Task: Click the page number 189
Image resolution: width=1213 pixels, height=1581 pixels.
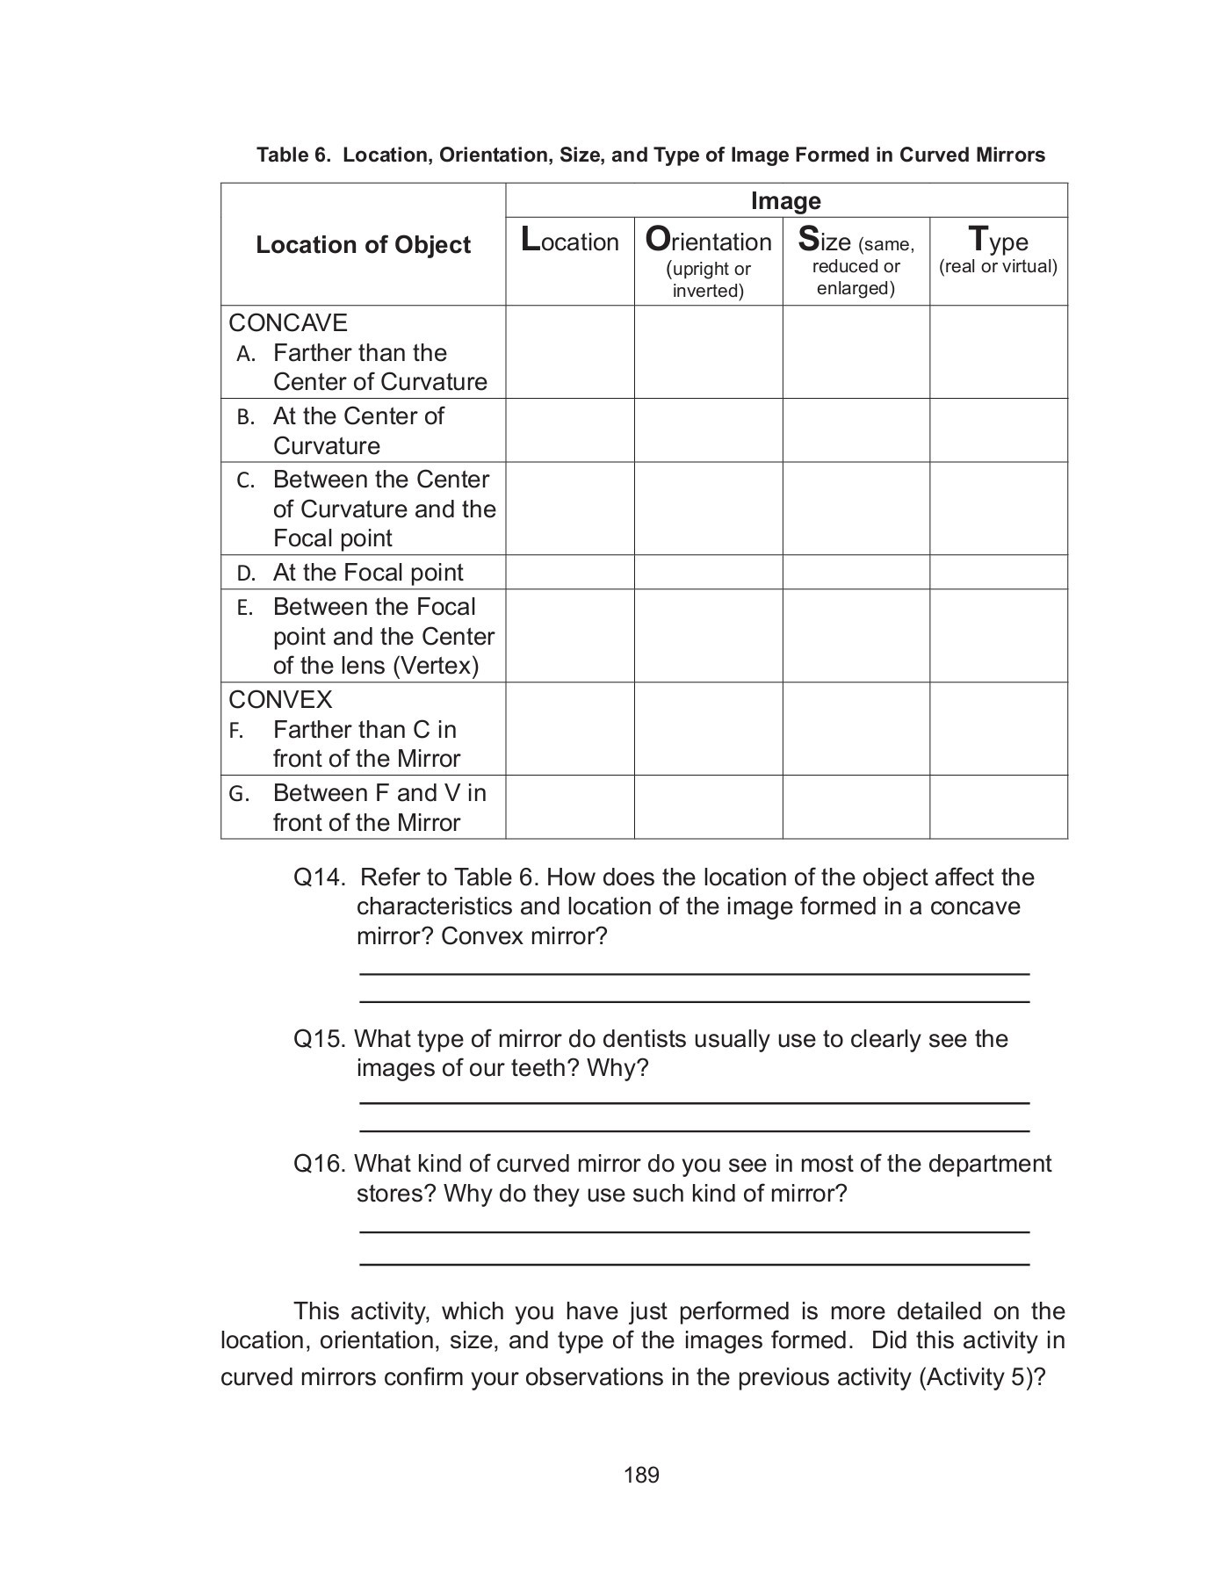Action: click(641, 1475)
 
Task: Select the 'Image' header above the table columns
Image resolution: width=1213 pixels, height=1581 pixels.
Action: click(785, 201)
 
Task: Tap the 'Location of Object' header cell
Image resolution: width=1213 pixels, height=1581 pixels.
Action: click(363, 245)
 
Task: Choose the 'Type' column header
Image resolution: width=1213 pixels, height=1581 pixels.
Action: click(998, 240)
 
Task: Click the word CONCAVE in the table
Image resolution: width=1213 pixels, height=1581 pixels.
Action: click(288, 323)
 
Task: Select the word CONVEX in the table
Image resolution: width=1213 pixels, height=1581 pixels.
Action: click(280, 700)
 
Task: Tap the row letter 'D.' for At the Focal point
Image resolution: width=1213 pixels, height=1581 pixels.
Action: click(246, 574)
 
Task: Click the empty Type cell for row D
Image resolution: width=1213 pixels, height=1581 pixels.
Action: click(998, 573)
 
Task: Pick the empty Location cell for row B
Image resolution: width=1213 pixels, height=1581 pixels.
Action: click(569, 430)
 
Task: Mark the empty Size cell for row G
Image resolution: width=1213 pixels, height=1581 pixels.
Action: click(856, 807)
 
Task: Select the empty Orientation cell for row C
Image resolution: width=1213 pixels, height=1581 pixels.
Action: click(708, 509)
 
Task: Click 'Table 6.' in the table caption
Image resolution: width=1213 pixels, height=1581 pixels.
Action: click(294, 155)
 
